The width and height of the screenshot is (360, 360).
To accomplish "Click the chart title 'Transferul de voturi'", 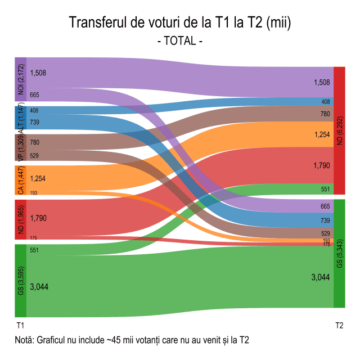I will pyautogui.click(x=180, y=23).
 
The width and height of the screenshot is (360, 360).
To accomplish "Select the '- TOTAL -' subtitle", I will pyautogui.click(x=180, y=40).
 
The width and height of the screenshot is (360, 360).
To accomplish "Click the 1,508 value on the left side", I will pyautogui.click(x=39, y=73).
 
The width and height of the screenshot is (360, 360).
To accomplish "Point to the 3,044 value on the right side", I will pyautogui.click(x=321, y=277).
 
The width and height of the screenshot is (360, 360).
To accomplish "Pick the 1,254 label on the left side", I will pyautogui.click(x=39, y=178).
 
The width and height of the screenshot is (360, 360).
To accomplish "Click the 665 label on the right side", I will pyautogui.click(x=325, y=206).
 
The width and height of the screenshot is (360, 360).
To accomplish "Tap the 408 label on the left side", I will pyautogui.click(x=34, y=111).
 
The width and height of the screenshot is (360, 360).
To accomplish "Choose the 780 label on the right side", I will pyautogui.click(x=325, y=114).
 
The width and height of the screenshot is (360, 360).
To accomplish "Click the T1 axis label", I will pyautogui.click(x=20, y=326).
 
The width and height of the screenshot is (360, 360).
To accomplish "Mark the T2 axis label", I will pyautogui.click(x=339, y=326).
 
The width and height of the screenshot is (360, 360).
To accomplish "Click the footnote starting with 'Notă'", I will pyautogui.click(x=133, y=340).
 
